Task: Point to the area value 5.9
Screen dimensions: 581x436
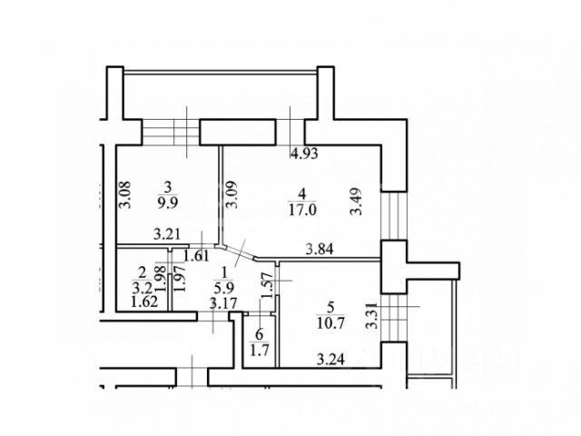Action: [220, 284]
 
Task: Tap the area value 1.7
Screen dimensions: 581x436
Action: [261, 349]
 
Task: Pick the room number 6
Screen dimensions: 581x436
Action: [260, 333]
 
